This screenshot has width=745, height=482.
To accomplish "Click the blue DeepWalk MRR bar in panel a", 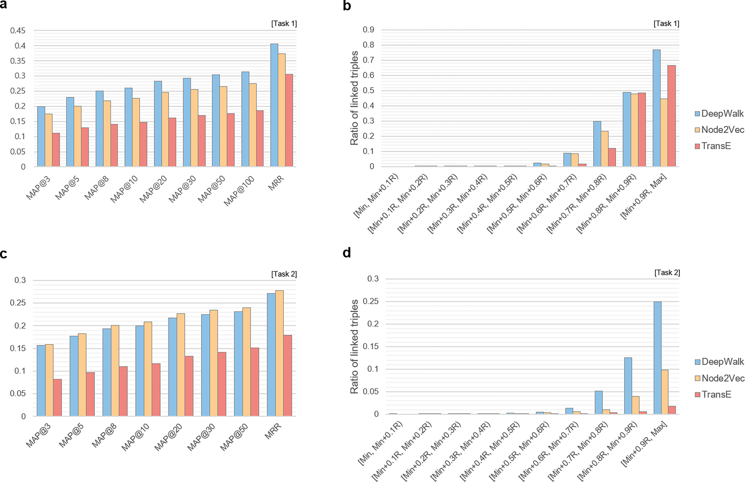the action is (x=274, y=105).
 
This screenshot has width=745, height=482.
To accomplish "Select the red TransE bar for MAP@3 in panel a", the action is (x=56, y=150).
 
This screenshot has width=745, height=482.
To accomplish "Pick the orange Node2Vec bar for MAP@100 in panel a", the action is (x=253, y=125).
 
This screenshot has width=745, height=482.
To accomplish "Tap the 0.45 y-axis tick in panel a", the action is (x=18, y=31).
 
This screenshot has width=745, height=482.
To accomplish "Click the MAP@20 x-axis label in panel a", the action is (x=153, y=189).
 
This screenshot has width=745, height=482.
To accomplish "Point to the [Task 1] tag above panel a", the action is (x=284, y=23).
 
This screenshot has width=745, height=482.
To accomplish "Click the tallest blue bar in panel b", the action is (x=657, y=108).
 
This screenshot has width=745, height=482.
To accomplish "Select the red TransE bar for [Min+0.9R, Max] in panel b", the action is (x=671, y=116).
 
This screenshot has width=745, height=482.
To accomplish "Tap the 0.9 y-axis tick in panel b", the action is (x=368, y=30).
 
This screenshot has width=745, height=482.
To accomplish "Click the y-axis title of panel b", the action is (x=354, y=98).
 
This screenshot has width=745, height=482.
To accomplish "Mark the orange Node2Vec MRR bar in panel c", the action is (x=279, y=353).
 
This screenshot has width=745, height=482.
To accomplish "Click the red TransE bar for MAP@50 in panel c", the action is (x=255, y=382).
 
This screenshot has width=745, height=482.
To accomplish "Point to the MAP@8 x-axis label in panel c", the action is (x=105, y=435).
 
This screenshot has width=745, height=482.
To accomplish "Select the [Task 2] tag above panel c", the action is (x=284, y=274).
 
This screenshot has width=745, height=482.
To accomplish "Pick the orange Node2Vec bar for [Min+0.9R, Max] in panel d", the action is (x=665, y=392).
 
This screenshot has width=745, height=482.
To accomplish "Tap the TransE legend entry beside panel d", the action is (x=713, y=394).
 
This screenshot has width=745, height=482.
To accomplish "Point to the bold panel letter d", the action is (x=347, y=252).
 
